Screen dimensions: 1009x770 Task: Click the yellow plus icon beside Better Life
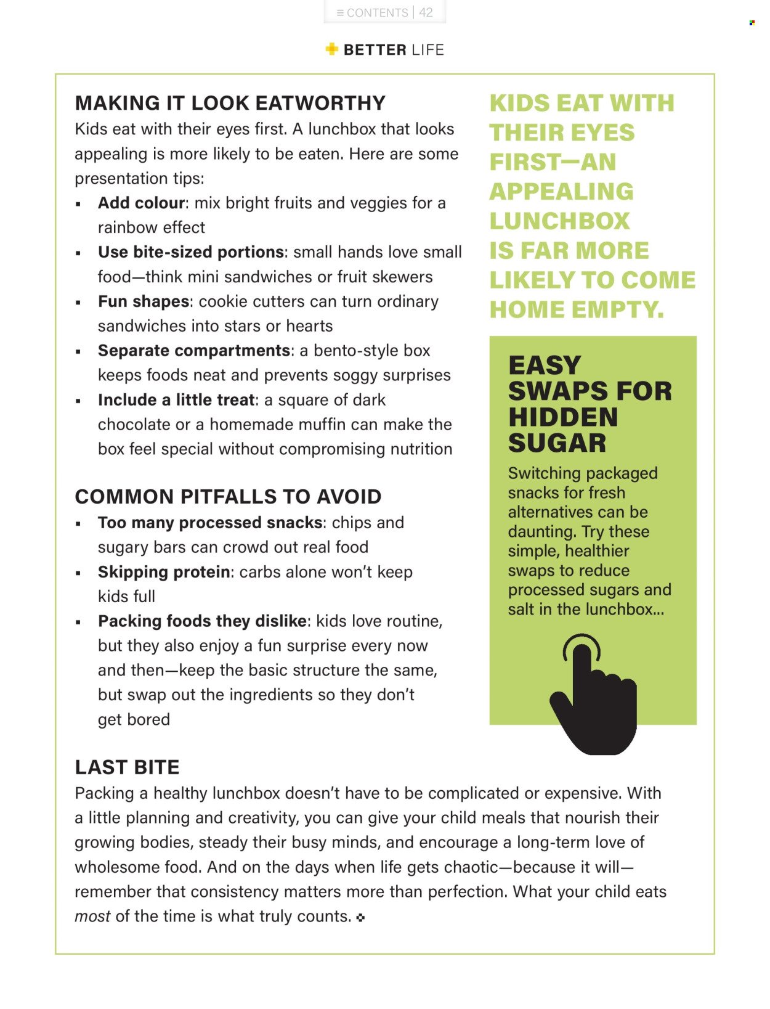click(x=331, y=49)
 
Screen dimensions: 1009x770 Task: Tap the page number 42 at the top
click(x=426, y=12)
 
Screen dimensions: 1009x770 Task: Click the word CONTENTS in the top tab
click(x=377, y=12)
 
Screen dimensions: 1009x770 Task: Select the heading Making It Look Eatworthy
click(x=230, y=103)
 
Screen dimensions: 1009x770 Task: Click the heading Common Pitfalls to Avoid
click(x=228, y=497)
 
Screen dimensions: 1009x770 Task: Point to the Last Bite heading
click(x=127, y=767)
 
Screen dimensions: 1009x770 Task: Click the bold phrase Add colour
click(x=141, y=203)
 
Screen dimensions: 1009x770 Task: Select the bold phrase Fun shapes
click(x=144, y=301)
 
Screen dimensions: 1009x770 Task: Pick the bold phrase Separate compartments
click(x=193, y=351)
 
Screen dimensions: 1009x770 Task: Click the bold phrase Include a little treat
click(x=176, y=400)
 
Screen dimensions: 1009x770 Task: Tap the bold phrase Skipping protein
click(x=164, y=572)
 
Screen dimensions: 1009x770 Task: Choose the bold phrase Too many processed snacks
click(x=210, y=523)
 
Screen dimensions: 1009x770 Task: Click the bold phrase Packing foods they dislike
click(x=202, y=621)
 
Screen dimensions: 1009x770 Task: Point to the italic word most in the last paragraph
click(x=92, y=917)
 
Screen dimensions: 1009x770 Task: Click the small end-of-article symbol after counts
click(x=360, y=918)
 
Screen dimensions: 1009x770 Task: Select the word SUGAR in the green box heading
click(x=557, y=443)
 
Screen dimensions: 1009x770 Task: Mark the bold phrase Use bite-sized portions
click(x=190, y=252)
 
